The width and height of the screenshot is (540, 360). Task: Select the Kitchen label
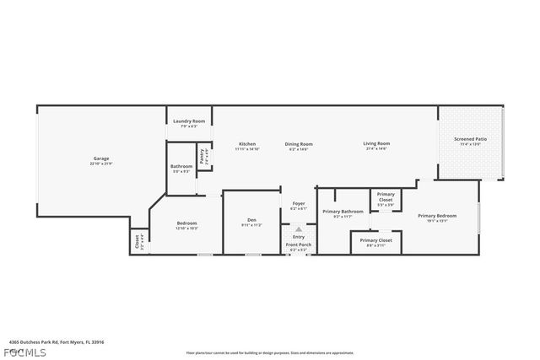pyautogui.click(x=246, y=145)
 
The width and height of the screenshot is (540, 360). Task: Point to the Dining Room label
pyautogui.click(x=299, y=145)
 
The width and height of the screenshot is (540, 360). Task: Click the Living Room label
pyautogui.click(x=376, y=145)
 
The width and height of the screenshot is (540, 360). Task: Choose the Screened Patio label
pyautogui.click(x=470, y=140)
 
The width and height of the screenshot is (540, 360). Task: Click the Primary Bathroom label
pyautogui.click(x=343, y=212)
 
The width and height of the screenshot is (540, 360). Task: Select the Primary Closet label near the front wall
pyautogui.click(x=376, y=241)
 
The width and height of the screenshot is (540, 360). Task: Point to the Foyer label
pyautogui.click(x=299, y=205)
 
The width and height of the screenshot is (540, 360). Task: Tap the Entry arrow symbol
pyautogui.click(x=298, y=230)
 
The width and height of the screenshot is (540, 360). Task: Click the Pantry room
pyautogui.click(x=202, y=156)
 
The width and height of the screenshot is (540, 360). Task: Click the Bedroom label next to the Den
pyautogui.click(x=186, y=224)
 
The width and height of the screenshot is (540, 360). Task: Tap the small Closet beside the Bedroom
pyautogui.click(x=138, y=242)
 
